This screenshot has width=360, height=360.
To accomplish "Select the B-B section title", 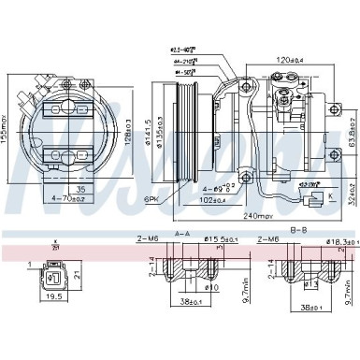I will (x=299, y=228).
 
